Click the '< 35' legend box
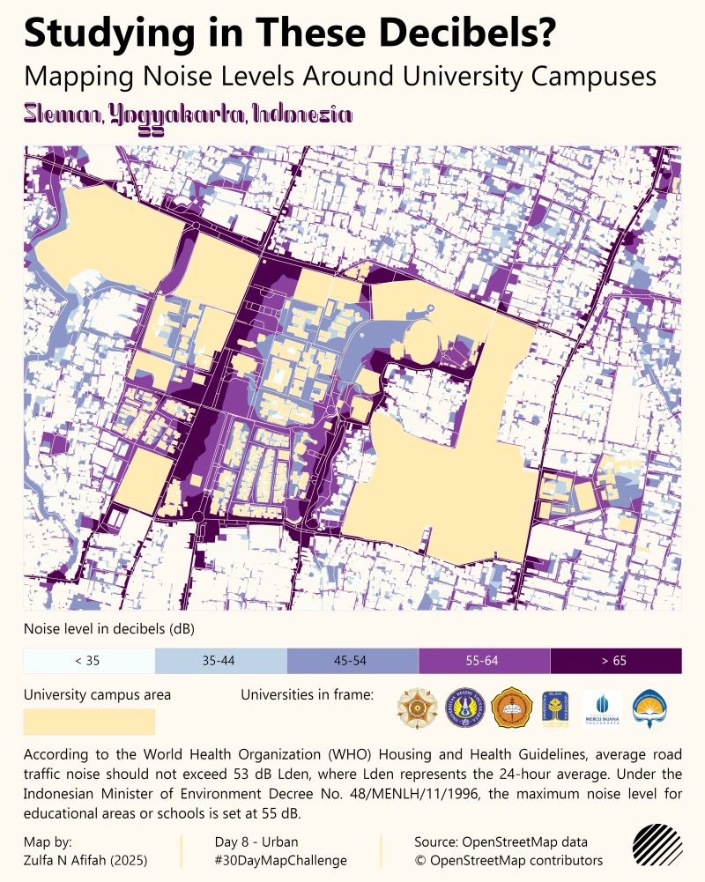88,661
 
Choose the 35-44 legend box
220,661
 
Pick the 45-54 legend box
352,661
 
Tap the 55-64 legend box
484,661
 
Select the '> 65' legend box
615,661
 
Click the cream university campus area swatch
89,722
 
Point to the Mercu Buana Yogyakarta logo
602,709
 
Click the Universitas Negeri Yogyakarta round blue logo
465,708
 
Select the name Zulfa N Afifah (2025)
85,860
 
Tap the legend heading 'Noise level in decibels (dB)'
109,629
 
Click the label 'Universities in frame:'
308,695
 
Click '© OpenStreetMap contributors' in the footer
508,860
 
